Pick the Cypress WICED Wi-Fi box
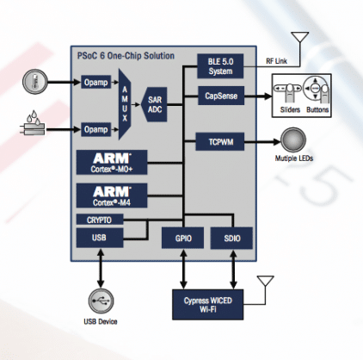click(x=206, y=304)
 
